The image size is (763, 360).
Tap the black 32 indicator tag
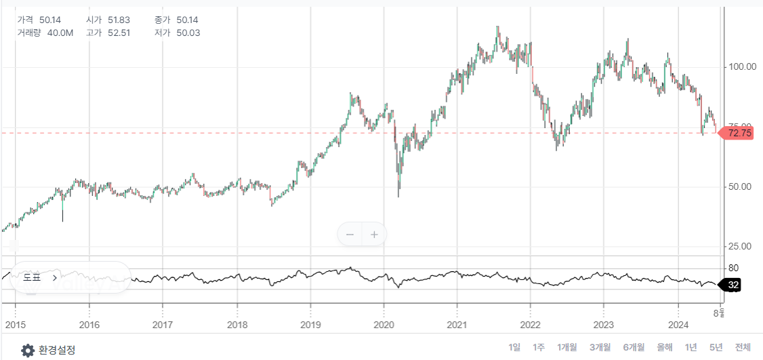732,285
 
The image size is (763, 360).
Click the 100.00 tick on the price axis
741,67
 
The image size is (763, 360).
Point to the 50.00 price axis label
741,186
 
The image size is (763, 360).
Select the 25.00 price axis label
741,246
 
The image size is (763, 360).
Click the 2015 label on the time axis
15,324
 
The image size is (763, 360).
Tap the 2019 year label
310,324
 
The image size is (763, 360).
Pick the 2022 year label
531,324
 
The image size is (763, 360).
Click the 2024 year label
678,324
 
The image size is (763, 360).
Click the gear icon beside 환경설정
27,351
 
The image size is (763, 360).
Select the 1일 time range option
514,348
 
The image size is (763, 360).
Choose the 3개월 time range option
600,348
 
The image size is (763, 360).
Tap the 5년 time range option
716,348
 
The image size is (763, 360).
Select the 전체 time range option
743,348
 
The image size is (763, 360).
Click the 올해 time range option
664,348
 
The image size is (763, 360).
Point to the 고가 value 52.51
120,33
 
